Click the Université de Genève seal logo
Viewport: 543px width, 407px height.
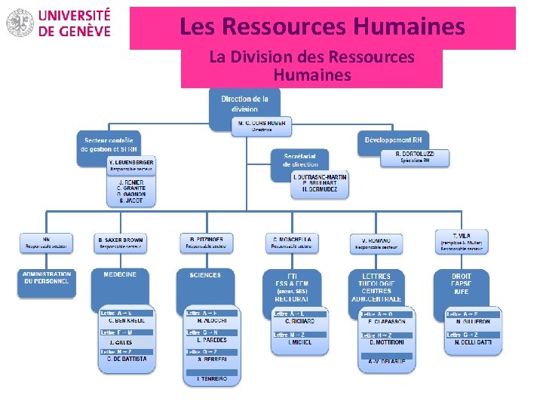pyautogui.click(x=20, y=23)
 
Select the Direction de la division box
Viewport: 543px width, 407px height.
pyautogui.click(x=244, y=104)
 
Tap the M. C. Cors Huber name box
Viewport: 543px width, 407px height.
pyautogui.click(x=260, y=127)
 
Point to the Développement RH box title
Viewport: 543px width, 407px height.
pyautogui.click(x=393, y=140)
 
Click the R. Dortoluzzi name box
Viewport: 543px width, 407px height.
pyautogui.click(x=415, y=157)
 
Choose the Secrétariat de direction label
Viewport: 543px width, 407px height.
pyautogui.click(x=300, y=160)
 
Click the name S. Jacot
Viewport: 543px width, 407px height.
pyautogui.click(x=131, y=201)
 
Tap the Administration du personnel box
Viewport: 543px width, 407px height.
pyautogui.click(x=47, y=279)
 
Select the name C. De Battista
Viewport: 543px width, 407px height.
pyautogui.click(x=126, y=360)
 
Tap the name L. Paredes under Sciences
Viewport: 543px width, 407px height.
pyautogui.click(x=213, y=341)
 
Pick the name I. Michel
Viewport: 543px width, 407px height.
pyautogui.click(x=299, y=342)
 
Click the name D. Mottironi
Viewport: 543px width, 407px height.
pyautogui.click(x=388, y=343)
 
